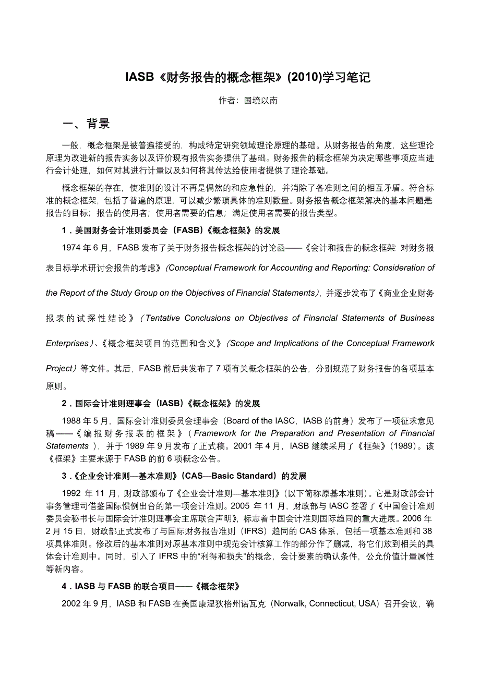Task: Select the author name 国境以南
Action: point(261,101)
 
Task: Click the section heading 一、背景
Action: point(86,124)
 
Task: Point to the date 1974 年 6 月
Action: point(85,248)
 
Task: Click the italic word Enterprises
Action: point(67,343)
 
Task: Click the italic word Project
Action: point(59,368)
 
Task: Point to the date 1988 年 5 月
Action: point(85,420)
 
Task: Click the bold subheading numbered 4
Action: point(151,586)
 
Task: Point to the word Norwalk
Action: point(289,603)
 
